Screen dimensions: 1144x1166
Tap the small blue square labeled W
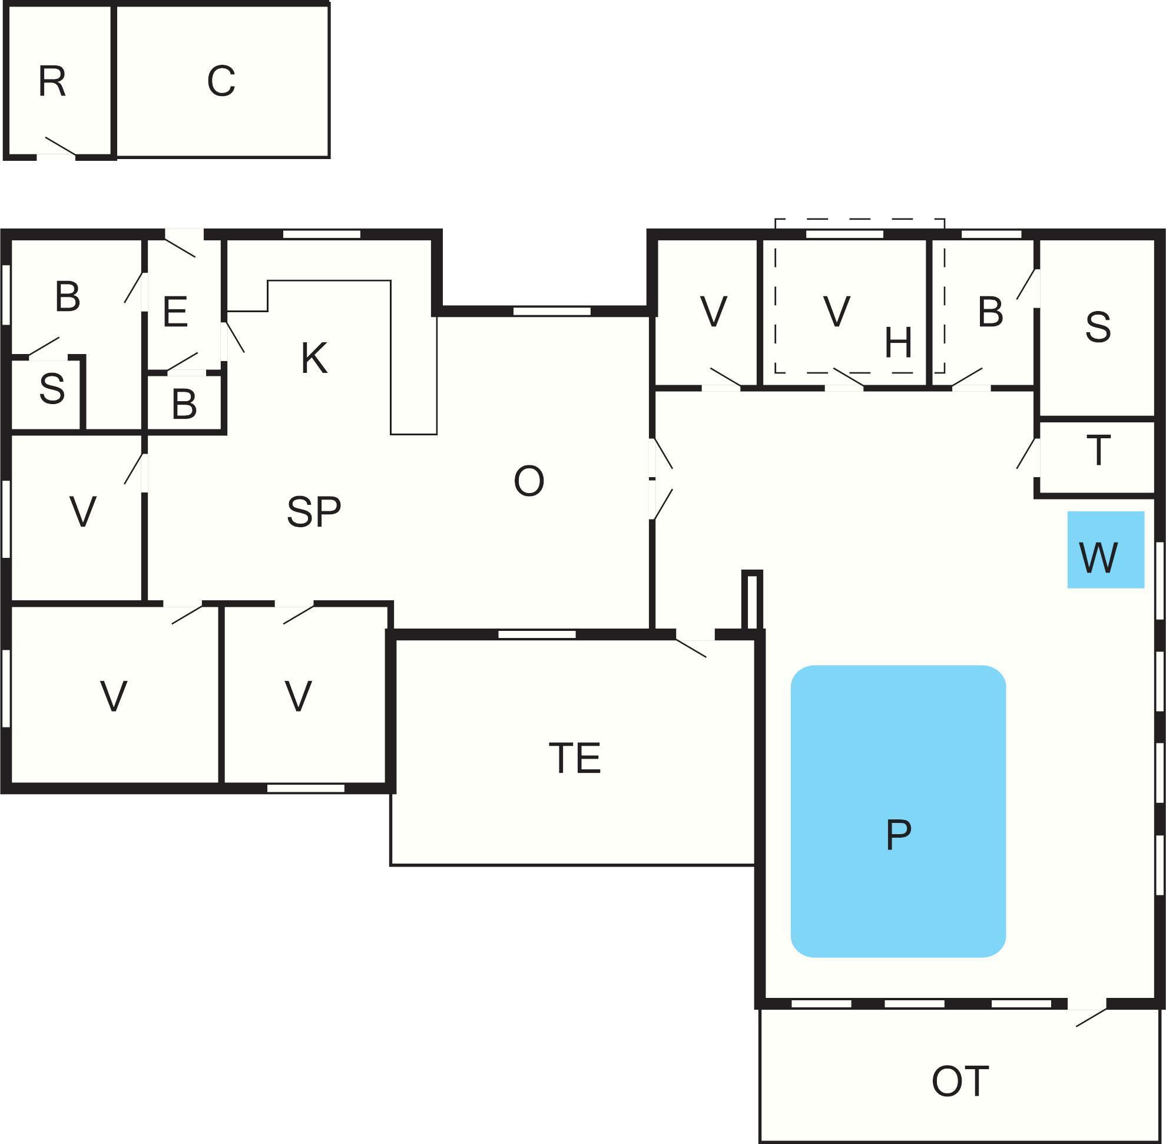pos(1105,549)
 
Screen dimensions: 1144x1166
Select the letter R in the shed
pos(52,82)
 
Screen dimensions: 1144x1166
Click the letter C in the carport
pos(221,81)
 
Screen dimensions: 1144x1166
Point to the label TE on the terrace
pos(575,758)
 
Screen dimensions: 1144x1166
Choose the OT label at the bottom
pos(960,1082)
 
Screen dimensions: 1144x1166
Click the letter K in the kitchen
pos(314,358)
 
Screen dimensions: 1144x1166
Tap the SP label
pos(313,512)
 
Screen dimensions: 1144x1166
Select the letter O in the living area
pos(529,481)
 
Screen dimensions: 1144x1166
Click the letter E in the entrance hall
pos(175,312)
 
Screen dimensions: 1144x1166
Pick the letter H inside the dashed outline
pos(898,343)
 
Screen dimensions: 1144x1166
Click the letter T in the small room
pos(1099,451)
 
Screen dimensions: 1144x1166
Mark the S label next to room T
pos(1098,327)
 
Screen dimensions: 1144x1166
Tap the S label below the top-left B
pos(52,389)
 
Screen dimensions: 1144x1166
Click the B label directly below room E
pos(184,404)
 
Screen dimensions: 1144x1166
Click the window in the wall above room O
pos(551,311)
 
